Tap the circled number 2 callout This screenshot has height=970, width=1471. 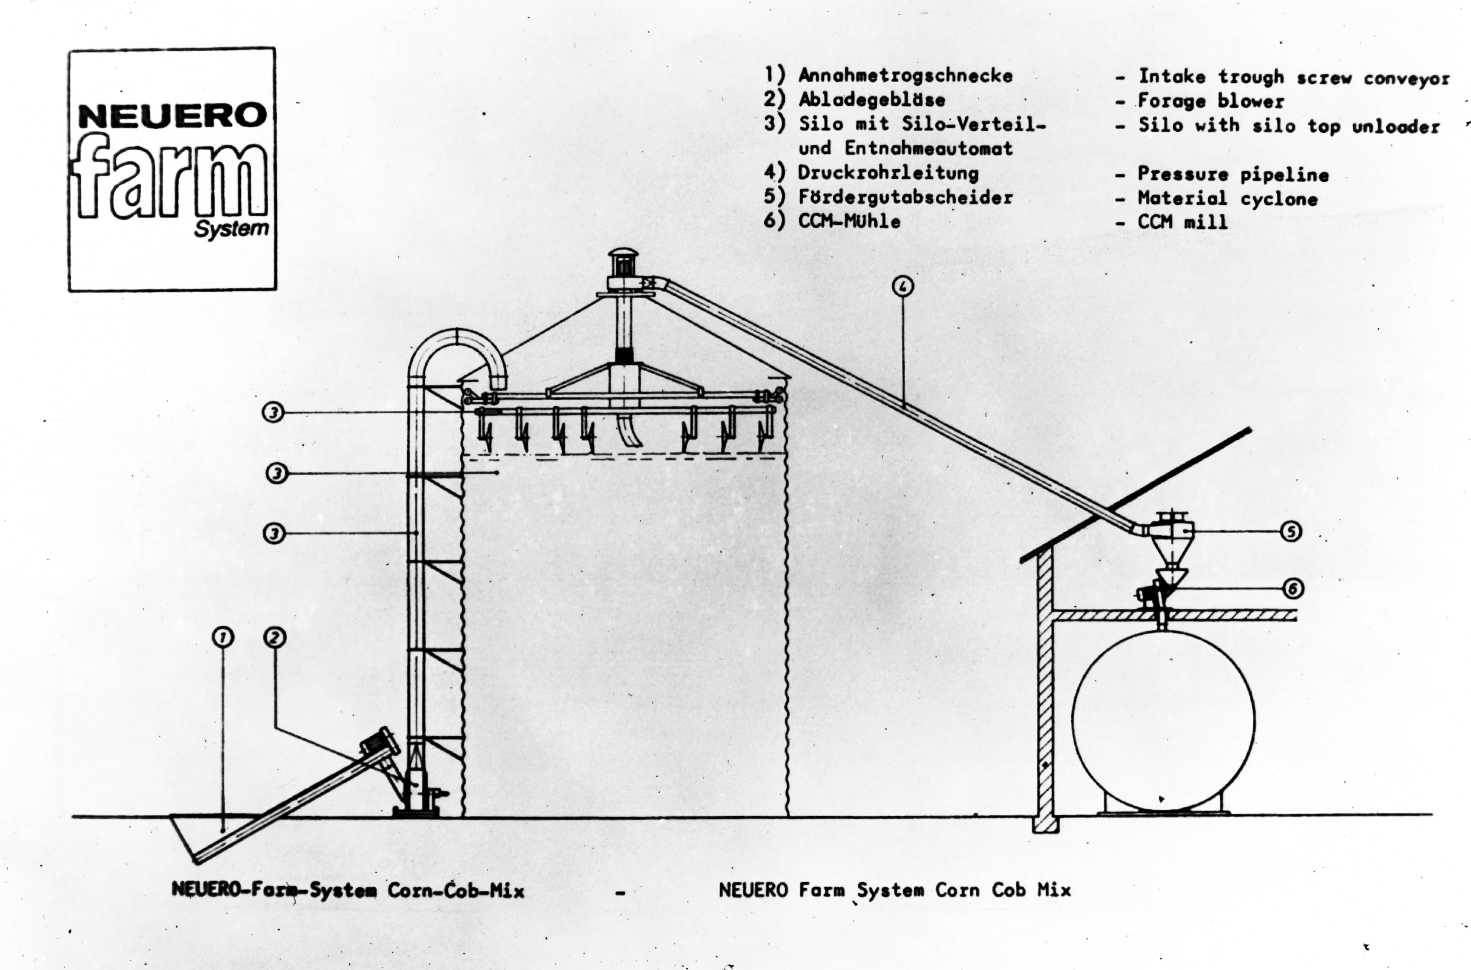point(275,637)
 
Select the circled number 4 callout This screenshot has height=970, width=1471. point(903,286)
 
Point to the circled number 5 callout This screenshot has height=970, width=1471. point(1290,531)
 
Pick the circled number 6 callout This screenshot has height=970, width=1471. point(1293,588)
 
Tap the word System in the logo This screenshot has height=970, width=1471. point(231,229)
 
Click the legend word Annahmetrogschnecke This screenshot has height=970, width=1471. point(906,76)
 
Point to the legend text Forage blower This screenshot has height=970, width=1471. point(1211,101)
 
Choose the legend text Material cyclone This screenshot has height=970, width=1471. point(1227,199)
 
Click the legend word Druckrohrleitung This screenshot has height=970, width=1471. point(888,173)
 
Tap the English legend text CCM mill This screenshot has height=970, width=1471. point(1182,222)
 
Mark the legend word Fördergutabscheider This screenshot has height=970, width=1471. point(906,197)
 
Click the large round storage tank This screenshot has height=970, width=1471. point(1163,721)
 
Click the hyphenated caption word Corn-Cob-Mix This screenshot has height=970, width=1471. point(456,891)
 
